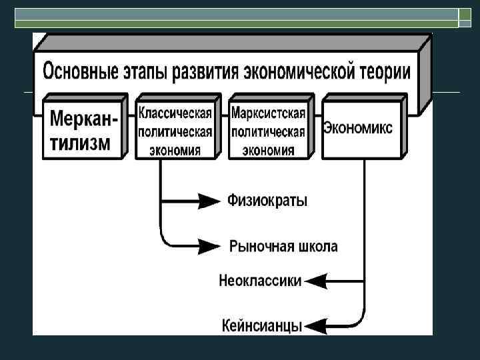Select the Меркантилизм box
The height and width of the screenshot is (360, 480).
[83, 130]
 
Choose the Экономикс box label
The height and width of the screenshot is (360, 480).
[358, 127]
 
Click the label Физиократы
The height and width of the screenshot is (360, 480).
[267, 200]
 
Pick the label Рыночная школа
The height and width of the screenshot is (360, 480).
[283, 246]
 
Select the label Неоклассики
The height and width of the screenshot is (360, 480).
[260, 281]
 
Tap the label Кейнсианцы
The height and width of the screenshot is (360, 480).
[261, 326]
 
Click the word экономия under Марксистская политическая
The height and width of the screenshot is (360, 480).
[267, 149]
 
